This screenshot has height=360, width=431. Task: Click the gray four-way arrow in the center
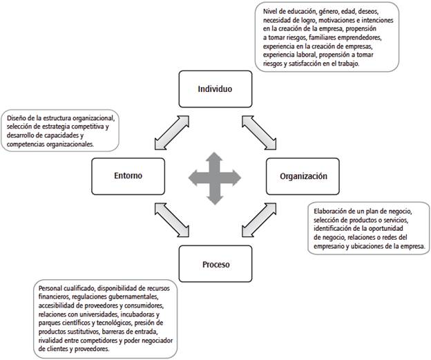coord(214,176)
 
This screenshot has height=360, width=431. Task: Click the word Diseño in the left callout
coord(17,117)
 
